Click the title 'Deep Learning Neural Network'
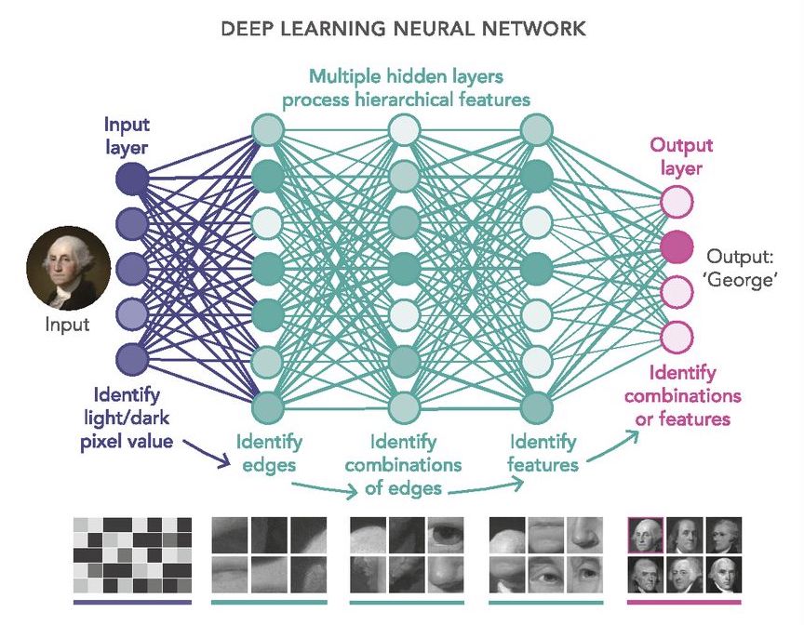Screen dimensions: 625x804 [403, 29]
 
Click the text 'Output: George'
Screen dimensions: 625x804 [741, 268]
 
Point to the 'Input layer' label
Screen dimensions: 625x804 [127, 135]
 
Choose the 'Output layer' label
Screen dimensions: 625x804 [681, 156]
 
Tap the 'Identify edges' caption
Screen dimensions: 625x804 [268, 452]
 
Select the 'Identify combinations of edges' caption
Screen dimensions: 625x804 [403, 464]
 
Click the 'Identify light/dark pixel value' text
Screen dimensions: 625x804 [127, 419]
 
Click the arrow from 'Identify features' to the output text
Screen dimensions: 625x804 [614, 446]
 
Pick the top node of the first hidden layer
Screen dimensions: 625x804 [267, 127]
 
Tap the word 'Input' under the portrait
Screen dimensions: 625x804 [67, 325]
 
